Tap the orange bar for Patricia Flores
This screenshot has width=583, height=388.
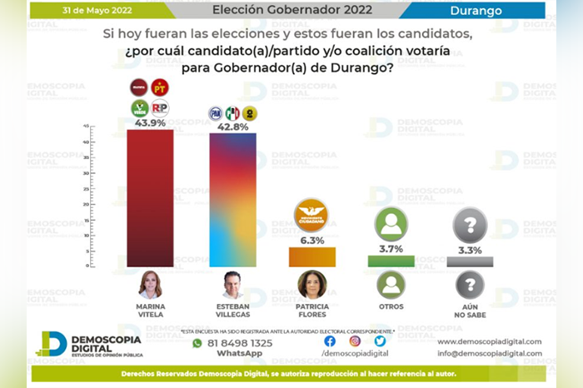311,257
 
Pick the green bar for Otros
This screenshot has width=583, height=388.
390,261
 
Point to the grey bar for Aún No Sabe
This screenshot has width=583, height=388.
470,261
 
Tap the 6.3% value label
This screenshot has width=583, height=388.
311,240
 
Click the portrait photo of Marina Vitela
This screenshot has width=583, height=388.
150,285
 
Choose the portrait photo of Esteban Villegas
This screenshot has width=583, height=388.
232,285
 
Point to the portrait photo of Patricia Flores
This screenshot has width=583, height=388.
311,285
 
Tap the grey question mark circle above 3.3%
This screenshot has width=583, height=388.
470,225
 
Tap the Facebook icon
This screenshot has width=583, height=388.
330,341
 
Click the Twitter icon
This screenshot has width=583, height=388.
380,341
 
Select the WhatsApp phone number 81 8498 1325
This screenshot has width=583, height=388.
239,343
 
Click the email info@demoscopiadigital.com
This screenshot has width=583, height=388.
489,354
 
